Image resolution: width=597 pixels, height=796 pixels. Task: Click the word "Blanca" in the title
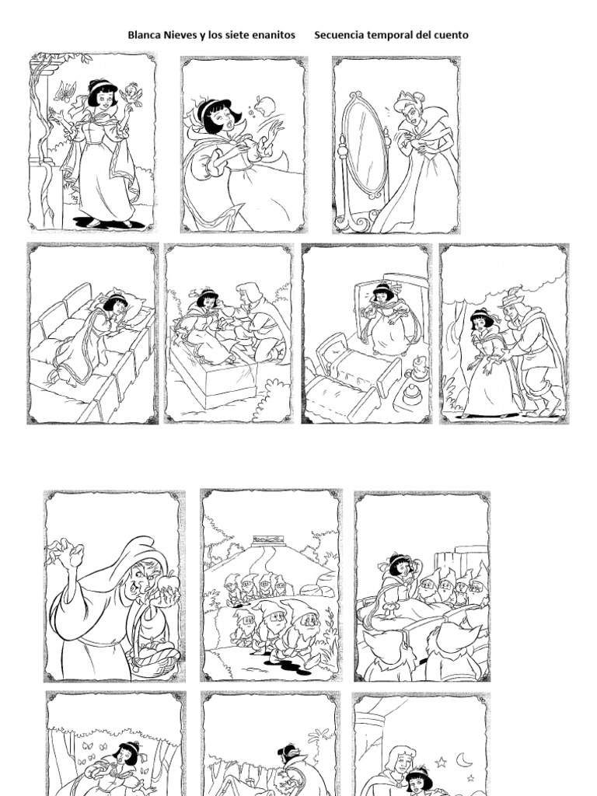click(x=143, y=35)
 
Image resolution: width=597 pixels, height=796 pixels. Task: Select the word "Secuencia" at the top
click(x=339, y=35)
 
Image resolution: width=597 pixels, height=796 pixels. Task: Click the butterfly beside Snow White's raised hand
click(x=64, y=91)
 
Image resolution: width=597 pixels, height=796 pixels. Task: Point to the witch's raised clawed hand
click(x=69, y=553)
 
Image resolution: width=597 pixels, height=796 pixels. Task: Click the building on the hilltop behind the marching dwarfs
click(x=269, y=541)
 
